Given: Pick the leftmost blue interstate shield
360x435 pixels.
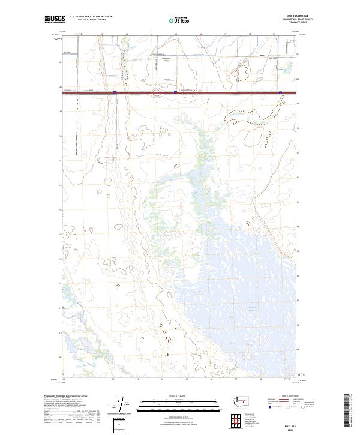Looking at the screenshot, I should click(114, 92).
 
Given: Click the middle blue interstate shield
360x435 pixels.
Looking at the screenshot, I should click(175, 92).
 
